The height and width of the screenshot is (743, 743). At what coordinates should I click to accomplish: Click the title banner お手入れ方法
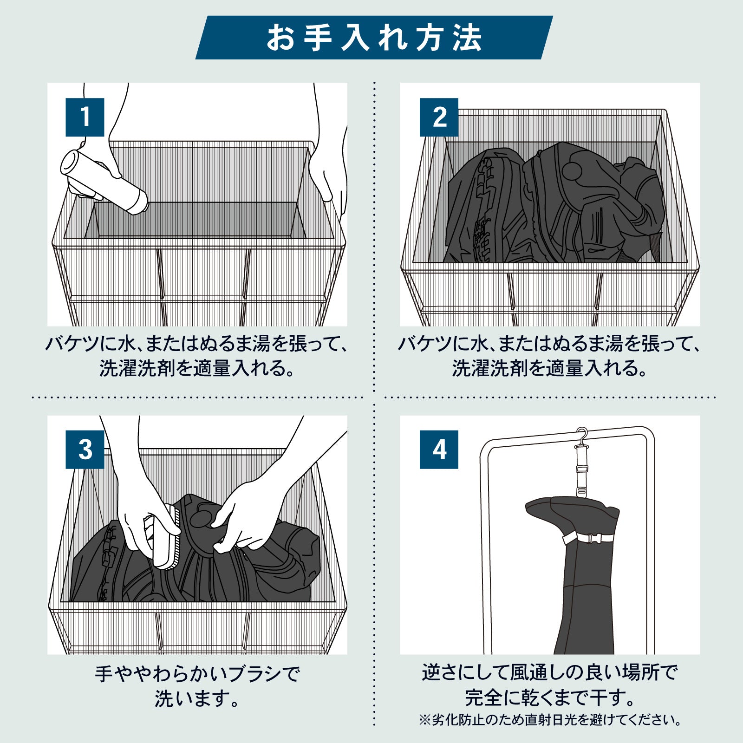(x=374, y=38)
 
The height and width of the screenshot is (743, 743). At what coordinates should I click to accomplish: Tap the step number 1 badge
(x=85, y=117)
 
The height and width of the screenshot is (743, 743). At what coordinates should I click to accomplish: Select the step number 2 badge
(x=439, y=117)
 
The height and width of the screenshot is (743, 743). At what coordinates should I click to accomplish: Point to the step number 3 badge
(x=85, y=450)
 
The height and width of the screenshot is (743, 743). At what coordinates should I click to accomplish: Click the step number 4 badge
(x=439, y=450)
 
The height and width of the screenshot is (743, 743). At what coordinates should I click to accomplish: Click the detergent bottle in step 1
(x=104, y=182)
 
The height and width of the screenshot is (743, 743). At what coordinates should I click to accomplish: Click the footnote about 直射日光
(x=550, y=720)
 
